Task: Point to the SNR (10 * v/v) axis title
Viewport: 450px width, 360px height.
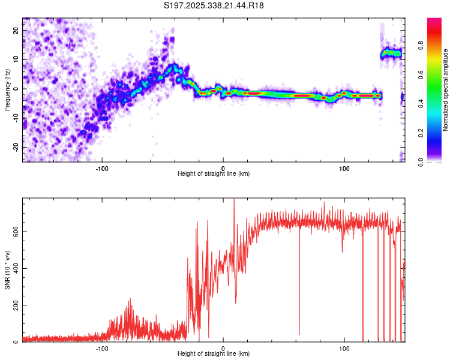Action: pos(7,270)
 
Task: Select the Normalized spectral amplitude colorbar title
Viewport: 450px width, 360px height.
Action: pos(445,90)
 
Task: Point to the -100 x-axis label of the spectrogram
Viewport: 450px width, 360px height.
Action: pos(102,167)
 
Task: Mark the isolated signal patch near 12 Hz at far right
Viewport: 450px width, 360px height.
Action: pos(391,53)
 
